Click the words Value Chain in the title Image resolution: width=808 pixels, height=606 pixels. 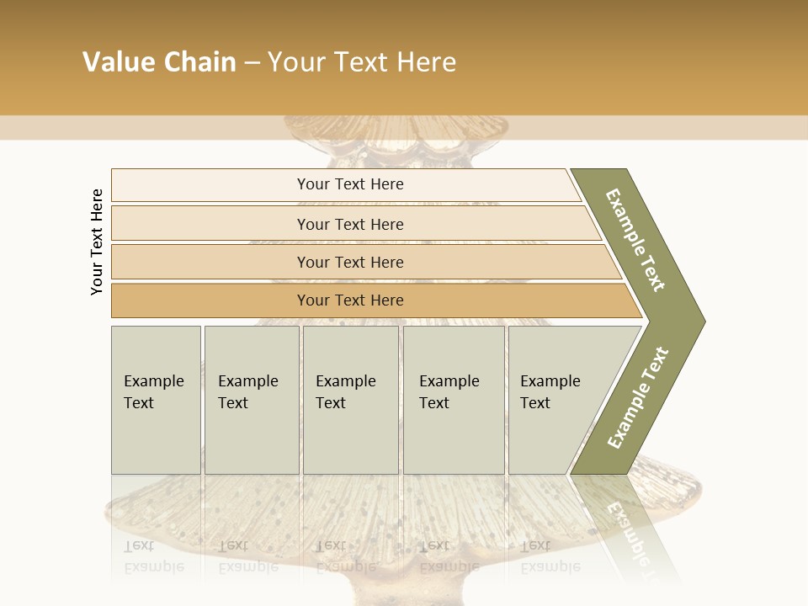coord(159,62)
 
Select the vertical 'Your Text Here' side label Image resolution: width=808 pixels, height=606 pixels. coord(97,242)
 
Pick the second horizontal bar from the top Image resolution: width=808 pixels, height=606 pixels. coord(349,224)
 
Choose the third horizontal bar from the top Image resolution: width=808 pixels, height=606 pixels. coord(349,262)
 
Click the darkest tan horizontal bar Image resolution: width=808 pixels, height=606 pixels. coord(349,300)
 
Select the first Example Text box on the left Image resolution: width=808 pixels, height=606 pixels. coord(156,400)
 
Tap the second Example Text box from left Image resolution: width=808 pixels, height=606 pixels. coord(252,400)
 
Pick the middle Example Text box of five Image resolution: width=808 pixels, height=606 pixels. coord(350,400)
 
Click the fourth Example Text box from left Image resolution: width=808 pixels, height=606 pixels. coord(453,400)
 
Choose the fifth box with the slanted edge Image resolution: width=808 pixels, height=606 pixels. coord(555,400)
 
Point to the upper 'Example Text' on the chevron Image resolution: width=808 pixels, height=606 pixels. coord(635,240)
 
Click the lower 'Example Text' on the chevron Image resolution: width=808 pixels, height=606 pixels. coord(637,398)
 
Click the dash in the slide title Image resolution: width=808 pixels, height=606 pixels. coord(252,62)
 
